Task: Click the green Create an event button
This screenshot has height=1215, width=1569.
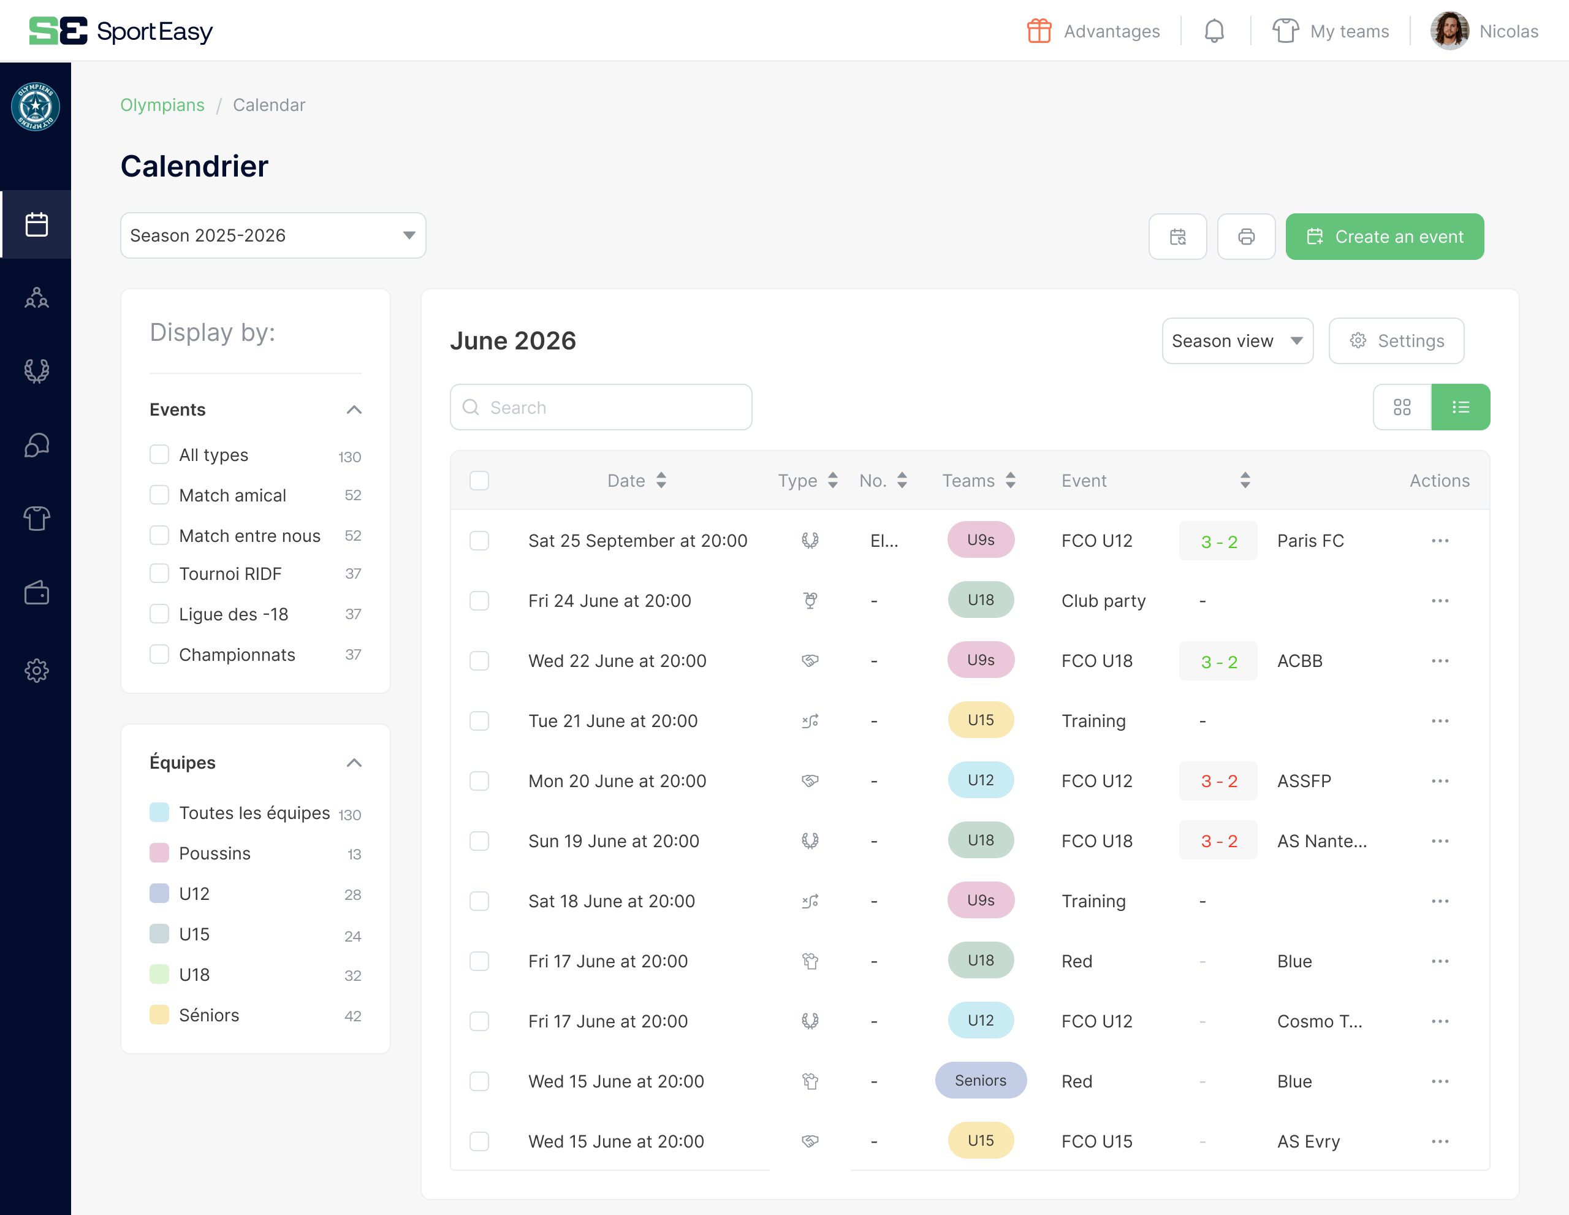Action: [1384, 237]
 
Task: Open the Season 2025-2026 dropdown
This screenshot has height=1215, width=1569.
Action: [272, 235]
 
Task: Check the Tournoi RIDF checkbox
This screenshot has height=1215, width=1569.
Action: [159, 573]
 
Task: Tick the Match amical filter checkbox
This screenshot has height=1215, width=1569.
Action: [159, 495]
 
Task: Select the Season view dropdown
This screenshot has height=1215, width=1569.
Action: [1236, 341]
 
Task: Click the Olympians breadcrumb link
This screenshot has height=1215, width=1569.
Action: [162, 105]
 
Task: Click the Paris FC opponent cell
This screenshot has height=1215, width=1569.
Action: [1310, 540]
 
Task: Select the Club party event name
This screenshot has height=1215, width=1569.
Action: [1103, 601]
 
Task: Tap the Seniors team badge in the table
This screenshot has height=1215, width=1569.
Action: [980, 1081]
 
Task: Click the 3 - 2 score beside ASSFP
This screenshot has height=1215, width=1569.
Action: [1218, 781]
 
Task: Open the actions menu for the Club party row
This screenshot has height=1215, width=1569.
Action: [1439, 601]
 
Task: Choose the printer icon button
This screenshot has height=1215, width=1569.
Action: [1246, 237]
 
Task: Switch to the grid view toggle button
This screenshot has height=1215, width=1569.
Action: [1401, 408]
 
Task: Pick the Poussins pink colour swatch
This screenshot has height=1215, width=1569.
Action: [159, 853]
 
